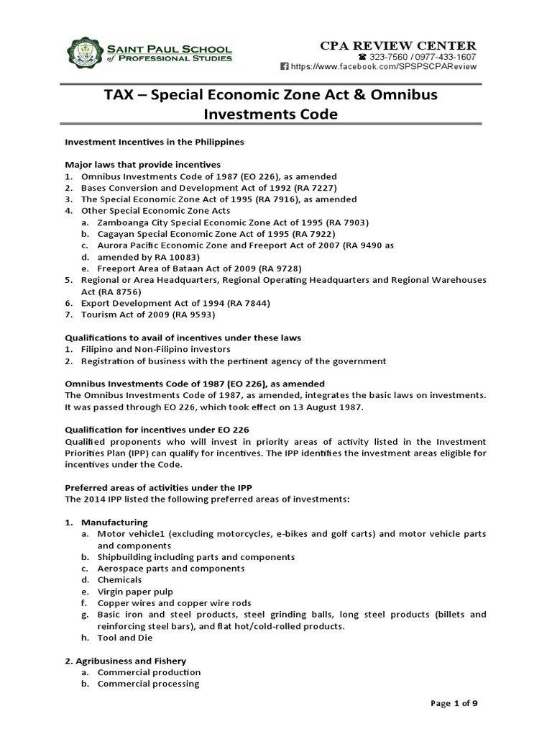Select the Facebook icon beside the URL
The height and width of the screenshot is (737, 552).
284,66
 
